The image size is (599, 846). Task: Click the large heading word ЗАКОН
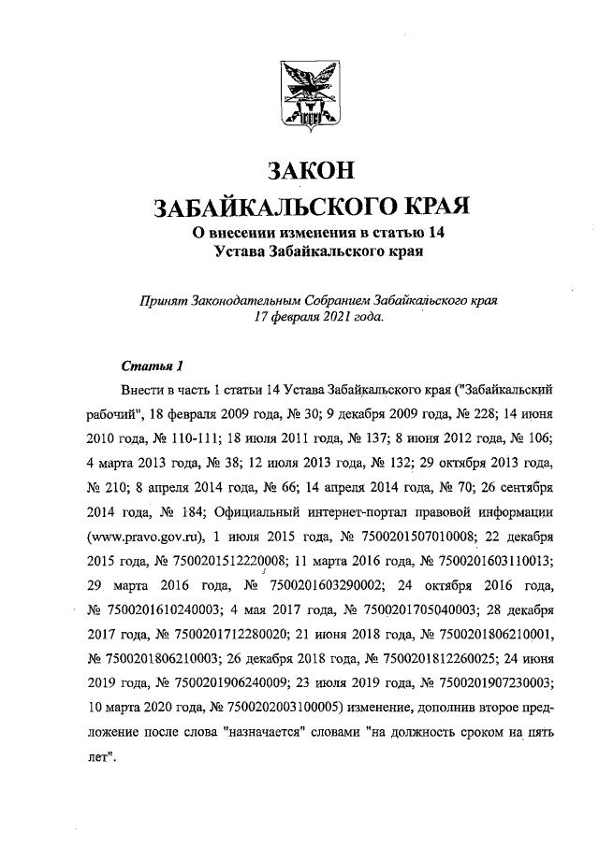299,172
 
